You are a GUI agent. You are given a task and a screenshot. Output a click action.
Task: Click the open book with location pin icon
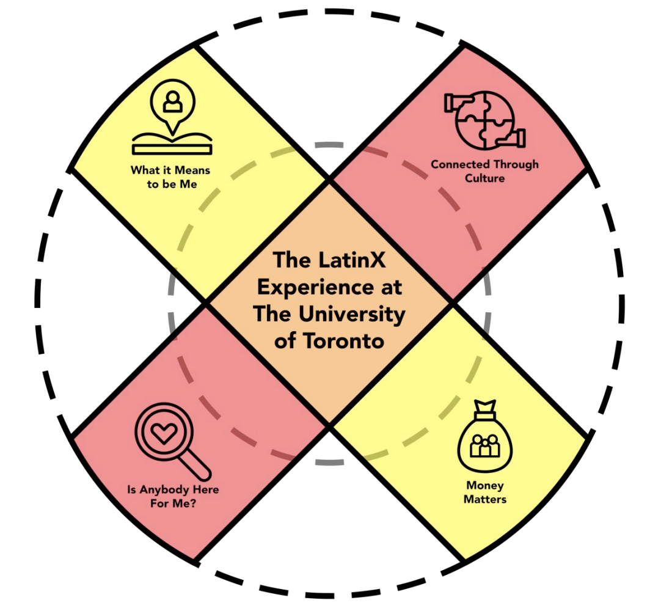click(x=173, y=119)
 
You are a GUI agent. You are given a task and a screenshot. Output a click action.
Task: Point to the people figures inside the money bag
click(x=485, y=447)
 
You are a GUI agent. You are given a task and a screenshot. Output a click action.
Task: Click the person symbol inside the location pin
click(x=173, y=101)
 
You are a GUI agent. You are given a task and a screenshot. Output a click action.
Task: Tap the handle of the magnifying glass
click(x=197, y=467)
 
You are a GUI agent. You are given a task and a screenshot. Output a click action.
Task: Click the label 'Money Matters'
click(x=485, y=492)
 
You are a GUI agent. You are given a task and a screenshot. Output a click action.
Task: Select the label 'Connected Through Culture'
click(x=484, y=171)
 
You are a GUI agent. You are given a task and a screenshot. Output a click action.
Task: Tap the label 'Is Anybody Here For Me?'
click(x=173, y=496)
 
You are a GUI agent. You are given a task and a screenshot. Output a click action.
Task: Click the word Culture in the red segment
click(x=484, y=178)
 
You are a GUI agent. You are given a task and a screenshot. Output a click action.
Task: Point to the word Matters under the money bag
click(x=485, y=500)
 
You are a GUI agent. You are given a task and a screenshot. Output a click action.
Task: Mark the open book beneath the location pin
click(x=173, y=144)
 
